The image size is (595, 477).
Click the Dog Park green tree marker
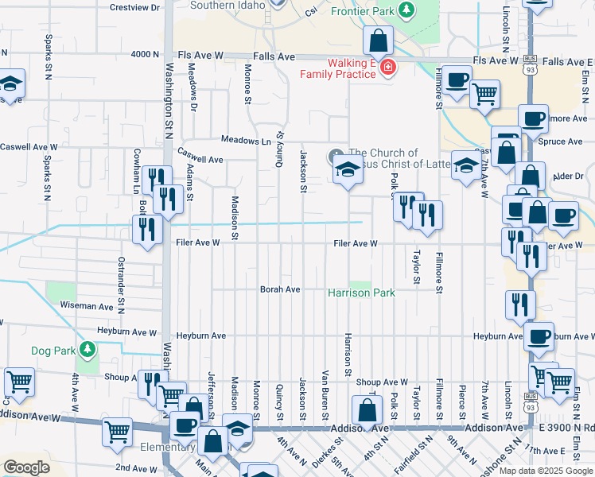pos(88,349)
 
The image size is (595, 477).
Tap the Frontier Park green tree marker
pos(406,10)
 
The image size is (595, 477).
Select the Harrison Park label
pos(362,293)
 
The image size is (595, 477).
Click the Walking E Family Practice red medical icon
pos(387,68)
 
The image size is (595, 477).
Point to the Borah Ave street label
pos(280,289)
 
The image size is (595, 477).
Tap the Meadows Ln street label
pos(246,141)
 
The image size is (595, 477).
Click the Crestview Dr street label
pos(135,7)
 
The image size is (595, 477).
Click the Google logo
pos(26,467)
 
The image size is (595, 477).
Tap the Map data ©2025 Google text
pos(546,471)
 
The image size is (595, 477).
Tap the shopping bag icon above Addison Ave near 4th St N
pos(366,411)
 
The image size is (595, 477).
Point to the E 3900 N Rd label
pos(566,428)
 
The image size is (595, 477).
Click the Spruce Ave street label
pos(561,142)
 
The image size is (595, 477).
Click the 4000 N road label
pos(146,54)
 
